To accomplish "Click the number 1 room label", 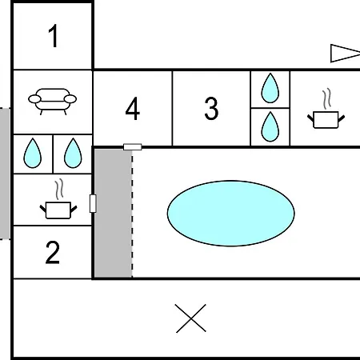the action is pos(54,36).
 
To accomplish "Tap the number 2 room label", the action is pos(53,252).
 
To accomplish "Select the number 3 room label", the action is pos(211,109).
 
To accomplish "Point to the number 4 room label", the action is pos(133,109).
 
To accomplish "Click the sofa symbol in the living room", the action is pos(52,102).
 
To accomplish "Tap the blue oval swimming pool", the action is pos(231,214).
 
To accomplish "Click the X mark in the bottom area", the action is pos(191,318).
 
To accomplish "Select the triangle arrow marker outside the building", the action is pos(345,54).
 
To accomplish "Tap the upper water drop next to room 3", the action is pos(270,88).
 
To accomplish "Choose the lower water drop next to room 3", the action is pos(270,126).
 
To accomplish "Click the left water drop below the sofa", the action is pos(33,153).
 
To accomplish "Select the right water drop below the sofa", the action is pos(73,153).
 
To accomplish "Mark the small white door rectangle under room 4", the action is pos(133,147).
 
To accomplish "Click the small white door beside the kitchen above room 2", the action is pos(93,203).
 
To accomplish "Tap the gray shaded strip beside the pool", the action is pos(114,214).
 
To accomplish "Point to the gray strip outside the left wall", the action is pos(5,174).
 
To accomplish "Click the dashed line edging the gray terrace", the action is pos(132,214).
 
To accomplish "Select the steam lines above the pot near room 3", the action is pos(327,98).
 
